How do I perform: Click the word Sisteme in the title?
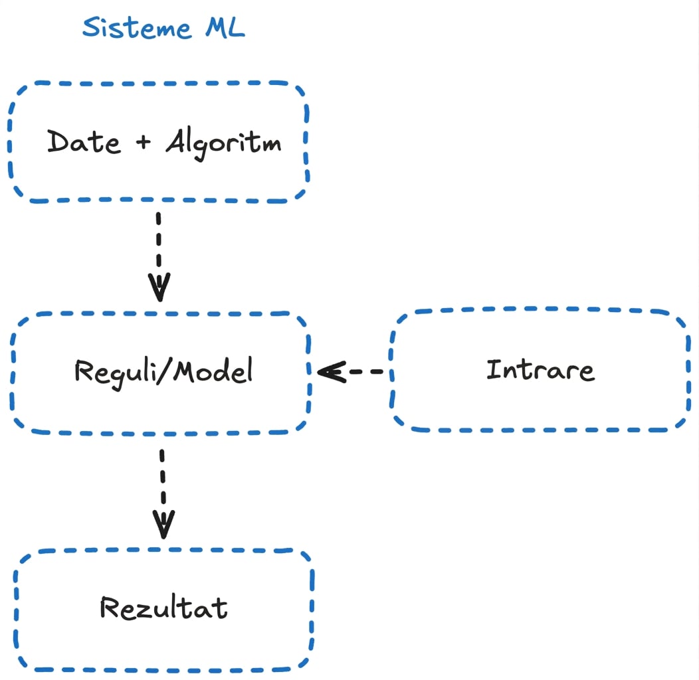(138, 28)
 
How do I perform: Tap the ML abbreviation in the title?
(225, 28)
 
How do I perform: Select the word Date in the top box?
(84, 141)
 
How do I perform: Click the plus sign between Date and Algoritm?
(144, 142)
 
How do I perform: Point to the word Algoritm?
(223, 143)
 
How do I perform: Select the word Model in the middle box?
(213, 371)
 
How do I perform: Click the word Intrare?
(540, 370)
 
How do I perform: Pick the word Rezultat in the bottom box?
(163, 608)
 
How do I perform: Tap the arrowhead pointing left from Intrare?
(332, 372)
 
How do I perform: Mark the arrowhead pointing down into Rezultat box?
(163, 524)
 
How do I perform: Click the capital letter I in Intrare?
(494, 370)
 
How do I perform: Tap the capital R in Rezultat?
(110, 608)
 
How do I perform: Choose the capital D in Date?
(58, 141)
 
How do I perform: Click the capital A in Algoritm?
(175, 141)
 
